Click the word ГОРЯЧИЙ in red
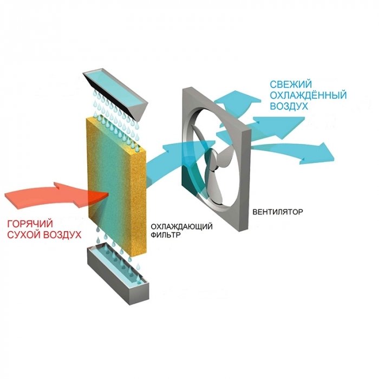[x=30, y=224]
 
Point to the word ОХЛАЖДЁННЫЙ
[x=308, y=95]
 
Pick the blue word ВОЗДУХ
[x=289, y=106]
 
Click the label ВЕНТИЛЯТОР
[x=277, y=212]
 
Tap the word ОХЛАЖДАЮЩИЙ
[x=181, y=226]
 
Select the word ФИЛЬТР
[x=166, y=234]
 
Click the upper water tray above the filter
[x=116, y=94]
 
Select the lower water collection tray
[x=117, y=275]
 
